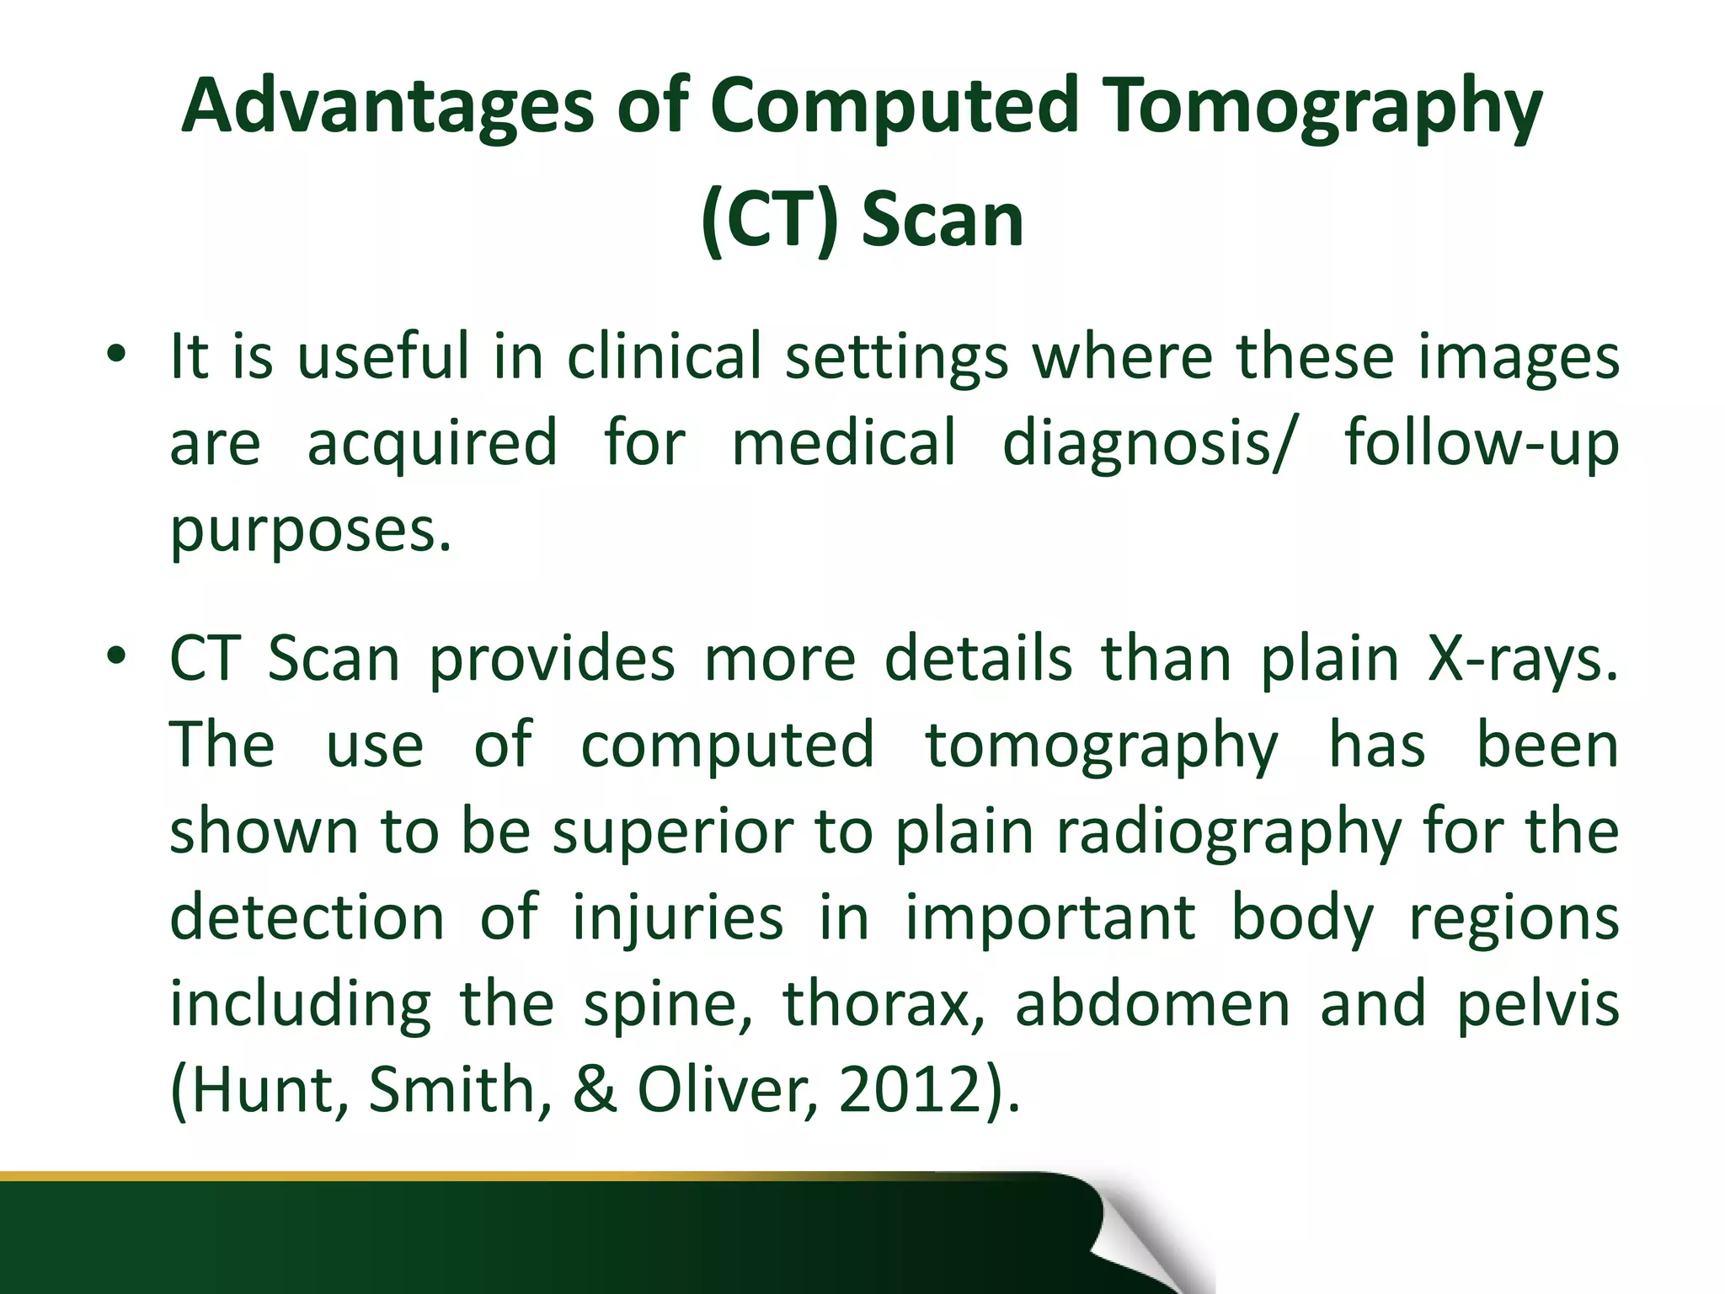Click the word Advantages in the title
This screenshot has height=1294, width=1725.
pyautogui.click(x=388, y=107)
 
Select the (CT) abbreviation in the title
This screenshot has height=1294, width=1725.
pyautogui.click(x=769, y=221)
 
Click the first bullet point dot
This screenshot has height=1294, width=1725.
pyautogui.click(x=116, y=354)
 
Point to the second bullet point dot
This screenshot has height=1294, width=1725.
pyautogui.click(x=116, y=655)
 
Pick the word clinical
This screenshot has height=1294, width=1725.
pyautogui.click(x=665, y=356)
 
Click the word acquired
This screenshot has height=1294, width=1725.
pyautogui.click(x=432, y=443)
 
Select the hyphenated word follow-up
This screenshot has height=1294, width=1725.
pyautogui.click(x=1481, y=445)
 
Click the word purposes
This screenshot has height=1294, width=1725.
pyautogui.click(x=311, y=531)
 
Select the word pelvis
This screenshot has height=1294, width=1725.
pyautogui.click(x=1537, y=1005)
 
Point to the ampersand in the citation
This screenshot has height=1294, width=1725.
pyautogui.click(x=595, y=1091)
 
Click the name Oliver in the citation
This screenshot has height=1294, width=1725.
pyautogui.click(x=726, y=1091)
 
